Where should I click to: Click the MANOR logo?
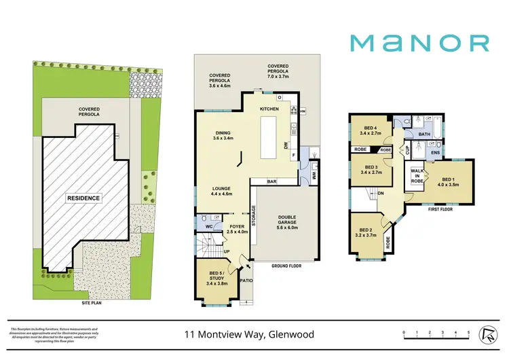coord(419,43)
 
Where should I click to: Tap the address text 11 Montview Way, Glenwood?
coord(254,334)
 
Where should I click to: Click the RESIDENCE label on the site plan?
coord(83,198)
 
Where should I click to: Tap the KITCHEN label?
coord(269,109)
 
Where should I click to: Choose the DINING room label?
coord(223,134)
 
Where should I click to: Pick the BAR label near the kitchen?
coord(271,181)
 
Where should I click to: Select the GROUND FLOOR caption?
coord(286,266)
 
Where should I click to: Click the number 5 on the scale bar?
coord(468,332)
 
